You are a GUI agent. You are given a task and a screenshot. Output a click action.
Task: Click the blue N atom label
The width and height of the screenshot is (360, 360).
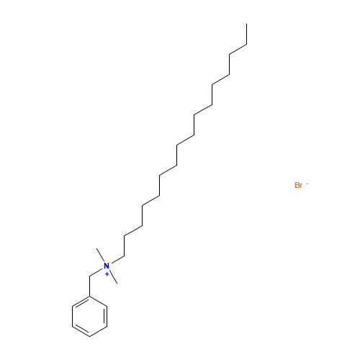click(107, 266)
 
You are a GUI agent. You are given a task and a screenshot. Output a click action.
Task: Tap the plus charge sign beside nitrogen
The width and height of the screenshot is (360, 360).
click(107, 274)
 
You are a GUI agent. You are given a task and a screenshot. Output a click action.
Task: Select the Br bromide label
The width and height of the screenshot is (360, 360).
click(299, 185)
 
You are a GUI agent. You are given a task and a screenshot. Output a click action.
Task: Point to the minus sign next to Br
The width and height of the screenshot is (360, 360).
click(307, 184)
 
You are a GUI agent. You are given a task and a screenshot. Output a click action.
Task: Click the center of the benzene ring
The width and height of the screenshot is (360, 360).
click(89, 317)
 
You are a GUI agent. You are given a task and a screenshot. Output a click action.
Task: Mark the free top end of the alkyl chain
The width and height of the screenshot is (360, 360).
click(247, 24)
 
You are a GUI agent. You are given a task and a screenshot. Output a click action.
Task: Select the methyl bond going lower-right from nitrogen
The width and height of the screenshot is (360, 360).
click(114, 278)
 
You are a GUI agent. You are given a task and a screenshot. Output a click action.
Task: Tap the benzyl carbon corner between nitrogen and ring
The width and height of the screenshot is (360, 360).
click(89, 276)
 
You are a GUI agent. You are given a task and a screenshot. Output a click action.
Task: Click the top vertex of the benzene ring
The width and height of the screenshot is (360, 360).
click(89, 297)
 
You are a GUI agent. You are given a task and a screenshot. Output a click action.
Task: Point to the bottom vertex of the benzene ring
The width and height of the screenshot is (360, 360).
click(89, 336)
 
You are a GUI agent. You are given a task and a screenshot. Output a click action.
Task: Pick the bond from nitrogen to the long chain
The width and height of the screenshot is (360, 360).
click(118, 260)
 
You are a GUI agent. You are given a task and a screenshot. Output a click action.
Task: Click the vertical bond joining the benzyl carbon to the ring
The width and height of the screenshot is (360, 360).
click(89, 287)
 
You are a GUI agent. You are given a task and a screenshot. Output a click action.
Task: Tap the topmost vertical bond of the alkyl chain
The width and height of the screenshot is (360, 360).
click(247, 34)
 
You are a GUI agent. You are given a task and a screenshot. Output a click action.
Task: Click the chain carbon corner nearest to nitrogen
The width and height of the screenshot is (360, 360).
click(125, 256)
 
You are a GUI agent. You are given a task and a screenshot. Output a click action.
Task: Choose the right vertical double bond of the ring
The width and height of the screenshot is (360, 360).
click(106, 317)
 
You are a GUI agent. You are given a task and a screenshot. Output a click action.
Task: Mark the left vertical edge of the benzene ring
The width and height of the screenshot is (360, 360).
click(72, 317)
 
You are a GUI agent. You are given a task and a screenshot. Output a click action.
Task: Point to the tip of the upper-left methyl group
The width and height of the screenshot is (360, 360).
click(96, 248)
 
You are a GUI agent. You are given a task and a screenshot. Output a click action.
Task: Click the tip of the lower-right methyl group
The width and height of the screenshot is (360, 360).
click(117, 284)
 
